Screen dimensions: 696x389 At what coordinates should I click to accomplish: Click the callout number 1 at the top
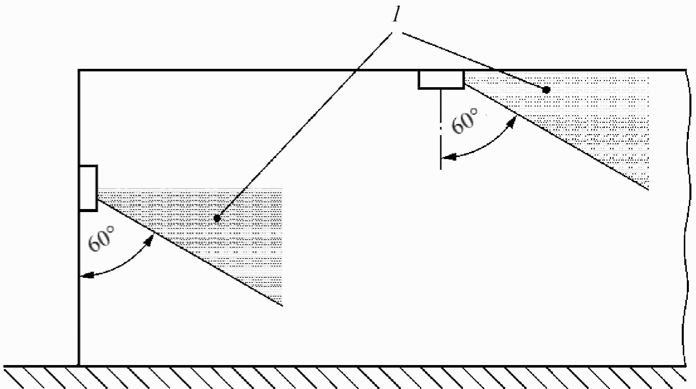pos(395,16)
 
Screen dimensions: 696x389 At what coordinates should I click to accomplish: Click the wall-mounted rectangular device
pos(88,188)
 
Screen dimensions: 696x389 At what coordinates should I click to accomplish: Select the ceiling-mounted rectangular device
pos(441,80)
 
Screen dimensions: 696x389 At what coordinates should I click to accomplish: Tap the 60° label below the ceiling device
pos(465,122)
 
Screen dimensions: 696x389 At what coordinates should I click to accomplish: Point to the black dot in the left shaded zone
pos(217,218)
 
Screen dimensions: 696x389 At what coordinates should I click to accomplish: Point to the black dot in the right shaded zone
pos(546,90)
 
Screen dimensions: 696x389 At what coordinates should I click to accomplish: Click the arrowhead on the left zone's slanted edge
pos(151,238)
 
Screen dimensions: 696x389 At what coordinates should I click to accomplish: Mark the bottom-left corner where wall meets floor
pos(79,365)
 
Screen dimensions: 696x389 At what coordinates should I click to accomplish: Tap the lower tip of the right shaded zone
pos(648,189)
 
